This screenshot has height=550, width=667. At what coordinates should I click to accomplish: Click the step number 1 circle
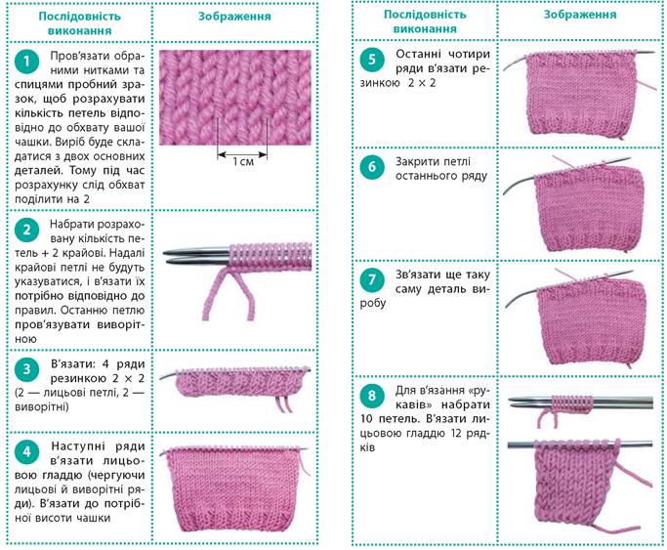point(26,62)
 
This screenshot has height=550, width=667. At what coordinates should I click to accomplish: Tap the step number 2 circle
point(26,231)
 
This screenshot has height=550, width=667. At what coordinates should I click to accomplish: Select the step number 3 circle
point(26,369)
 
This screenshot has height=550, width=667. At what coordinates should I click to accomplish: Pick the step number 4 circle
point(26,451)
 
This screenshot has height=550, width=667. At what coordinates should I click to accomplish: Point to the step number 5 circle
point(372,60)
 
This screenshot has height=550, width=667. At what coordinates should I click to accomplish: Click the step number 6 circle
point(372,167)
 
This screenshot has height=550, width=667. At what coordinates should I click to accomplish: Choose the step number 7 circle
point(372,280)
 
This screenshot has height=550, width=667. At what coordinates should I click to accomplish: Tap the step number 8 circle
point(372,396)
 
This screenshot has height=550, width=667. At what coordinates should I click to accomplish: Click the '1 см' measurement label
point(243,161)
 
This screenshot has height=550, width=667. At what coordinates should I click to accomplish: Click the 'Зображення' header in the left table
point(234,17)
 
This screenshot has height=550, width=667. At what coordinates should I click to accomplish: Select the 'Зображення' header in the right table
point(580,15)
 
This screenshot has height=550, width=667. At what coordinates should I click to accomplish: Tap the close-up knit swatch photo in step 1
point(235,98)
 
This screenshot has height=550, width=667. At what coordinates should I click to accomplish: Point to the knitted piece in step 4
point(233,488)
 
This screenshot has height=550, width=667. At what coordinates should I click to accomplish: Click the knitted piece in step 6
point(589,208)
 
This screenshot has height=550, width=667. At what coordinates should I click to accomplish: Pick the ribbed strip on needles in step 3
point(241,382)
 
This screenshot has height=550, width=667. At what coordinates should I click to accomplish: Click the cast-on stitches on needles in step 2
point(271,256)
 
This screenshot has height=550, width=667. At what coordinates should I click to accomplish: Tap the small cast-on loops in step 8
point(571,402)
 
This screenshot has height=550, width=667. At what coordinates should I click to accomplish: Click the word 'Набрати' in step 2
point(69,224)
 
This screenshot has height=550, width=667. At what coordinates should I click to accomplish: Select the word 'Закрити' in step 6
point(415,161)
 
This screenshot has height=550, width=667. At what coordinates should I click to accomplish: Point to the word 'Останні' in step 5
point(416,54)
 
